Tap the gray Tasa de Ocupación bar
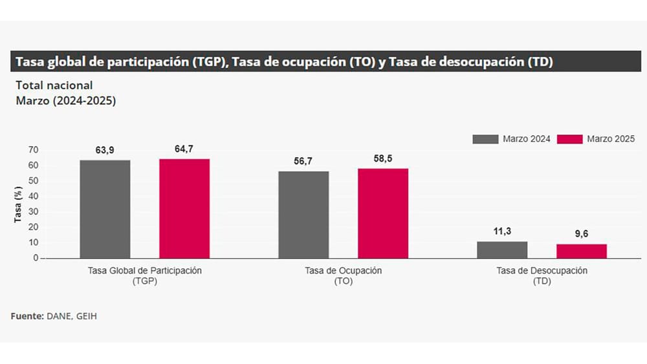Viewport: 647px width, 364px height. [x=303, y=215]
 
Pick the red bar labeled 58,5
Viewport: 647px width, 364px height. [x=383, y=213]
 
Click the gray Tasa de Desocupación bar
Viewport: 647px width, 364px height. [x=502, y=250]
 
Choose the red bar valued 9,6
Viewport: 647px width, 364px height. [x=582, y=251]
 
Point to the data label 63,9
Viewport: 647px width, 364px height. [x=105, y=151]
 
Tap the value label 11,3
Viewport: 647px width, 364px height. [x=502, y=231]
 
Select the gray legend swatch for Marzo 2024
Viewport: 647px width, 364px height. [x=485, y=139]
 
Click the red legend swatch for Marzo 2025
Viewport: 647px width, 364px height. [x=570, y=139]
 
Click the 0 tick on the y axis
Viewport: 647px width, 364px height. [x=36, y=258]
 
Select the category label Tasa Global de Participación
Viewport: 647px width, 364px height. [x=144, y=271]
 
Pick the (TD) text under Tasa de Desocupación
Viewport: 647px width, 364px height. [x=542, y=282]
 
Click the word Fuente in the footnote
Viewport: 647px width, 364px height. [x=27, y=316]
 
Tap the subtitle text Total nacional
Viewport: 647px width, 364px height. [x=54, y=85]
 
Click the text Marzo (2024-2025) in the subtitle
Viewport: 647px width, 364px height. [x=65, y=101]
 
